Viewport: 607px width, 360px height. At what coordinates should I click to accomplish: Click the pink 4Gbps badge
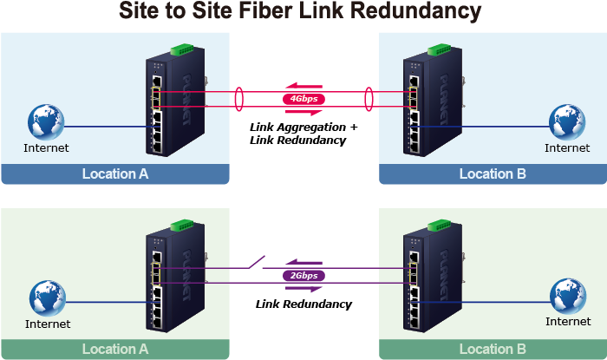pos(303,99)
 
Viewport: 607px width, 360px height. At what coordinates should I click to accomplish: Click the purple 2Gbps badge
pos(303,275)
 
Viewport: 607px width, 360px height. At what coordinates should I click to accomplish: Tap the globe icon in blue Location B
pos(568,122)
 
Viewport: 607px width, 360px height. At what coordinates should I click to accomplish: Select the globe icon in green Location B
pos(568,297)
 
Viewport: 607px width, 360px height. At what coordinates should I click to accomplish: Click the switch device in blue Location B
pos(430,99)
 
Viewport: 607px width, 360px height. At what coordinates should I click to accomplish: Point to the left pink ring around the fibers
pos(238,98)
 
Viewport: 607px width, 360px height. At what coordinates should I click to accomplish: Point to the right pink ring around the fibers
pos(369,98)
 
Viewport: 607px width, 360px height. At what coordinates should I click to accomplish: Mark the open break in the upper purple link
pos(256,260)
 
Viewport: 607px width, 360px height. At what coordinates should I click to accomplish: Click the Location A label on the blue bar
pos(115,173)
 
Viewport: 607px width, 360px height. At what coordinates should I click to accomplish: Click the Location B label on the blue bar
pos(493,173)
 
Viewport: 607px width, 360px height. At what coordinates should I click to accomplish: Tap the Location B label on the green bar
pos(493,350)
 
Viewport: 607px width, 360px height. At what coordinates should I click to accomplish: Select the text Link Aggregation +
pos(303,128)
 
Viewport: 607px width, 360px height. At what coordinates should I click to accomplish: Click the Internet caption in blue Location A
pos(46,148)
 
